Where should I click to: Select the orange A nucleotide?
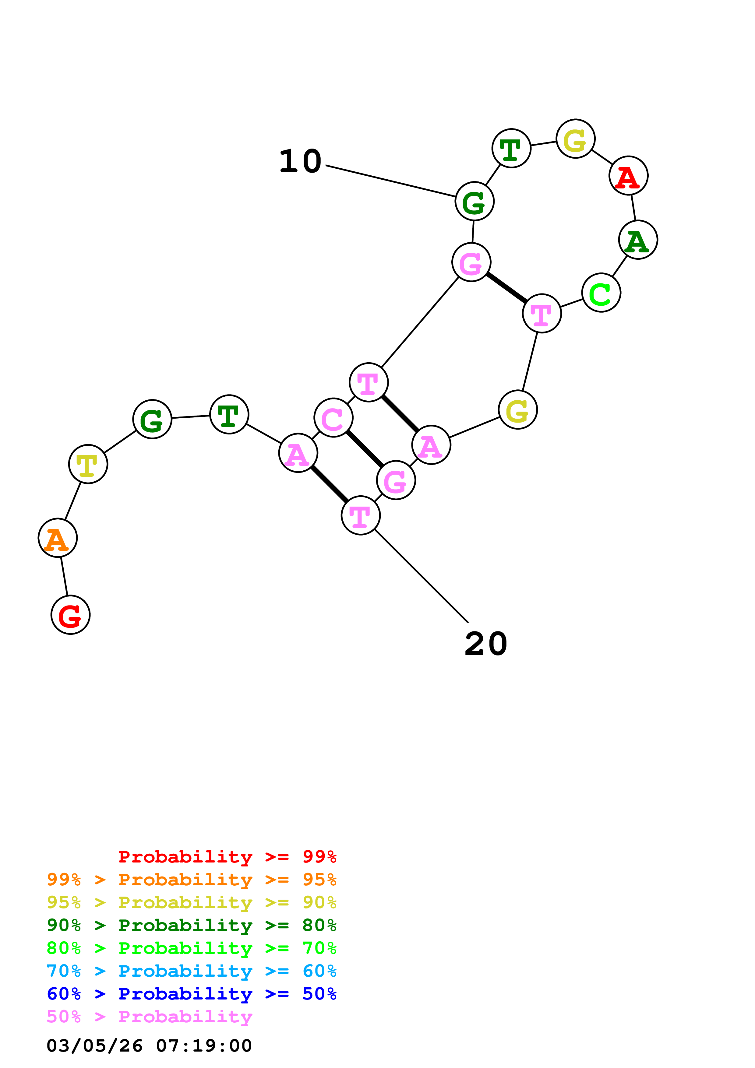click(x=58, y=538)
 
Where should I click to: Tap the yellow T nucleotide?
click(x=88, y=464)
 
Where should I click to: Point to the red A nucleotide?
click(x=629, y=176)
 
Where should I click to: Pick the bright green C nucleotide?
click(x=601, y=293)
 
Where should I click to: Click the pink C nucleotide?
click(x=333, y=418)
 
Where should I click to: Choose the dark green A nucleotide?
click(x=638, y=240)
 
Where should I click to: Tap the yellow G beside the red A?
click(x=575, y=139)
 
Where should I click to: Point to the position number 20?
click(x=486, y=644)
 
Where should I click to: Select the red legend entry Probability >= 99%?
click(x=227, y=857)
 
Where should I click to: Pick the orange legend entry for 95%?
click(x=191, y=880)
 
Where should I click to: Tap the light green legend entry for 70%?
click(x=191, y=948)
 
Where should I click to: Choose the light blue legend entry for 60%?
click(x=191, y=971)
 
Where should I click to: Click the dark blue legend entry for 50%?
click(x=191, y=994)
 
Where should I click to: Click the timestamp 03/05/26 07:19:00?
click(x=149, y=1045)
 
